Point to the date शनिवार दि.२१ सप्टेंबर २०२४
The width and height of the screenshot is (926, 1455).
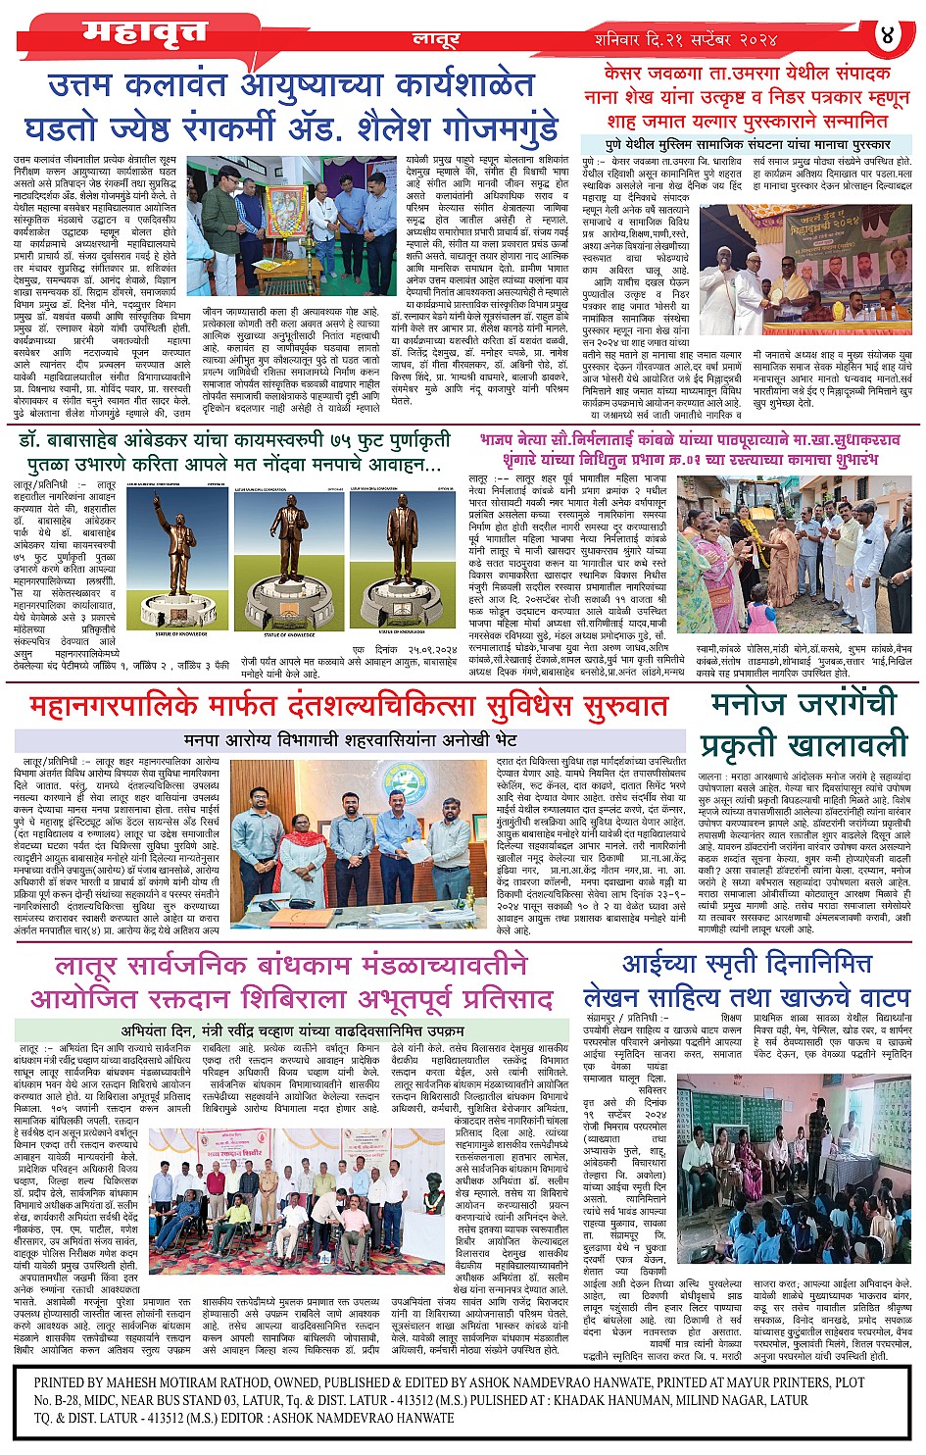tap(685, 40)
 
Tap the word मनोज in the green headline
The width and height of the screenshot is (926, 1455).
tap(764, 705)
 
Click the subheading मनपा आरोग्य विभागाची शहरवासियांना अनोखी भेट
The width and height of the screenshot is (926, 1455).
tap(350, 739)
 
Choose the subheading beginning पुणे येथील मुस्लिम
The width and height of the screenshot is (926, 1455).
tap(748, 144)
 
